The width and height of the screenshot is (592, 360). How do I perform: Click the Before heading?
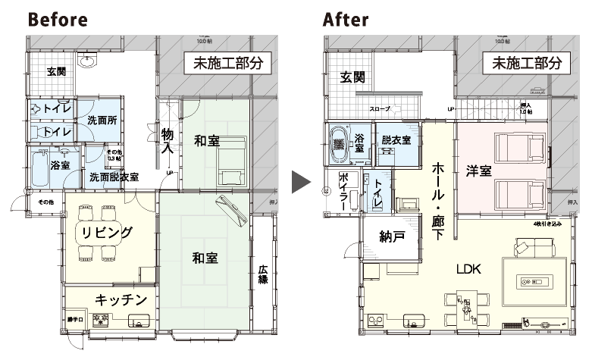tap(58, 20)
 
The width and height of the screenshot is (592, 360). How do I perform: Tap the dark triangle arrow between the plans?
tap(302, 183)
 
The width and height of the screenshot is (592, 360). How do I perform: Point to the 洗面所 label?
tap(101, 120)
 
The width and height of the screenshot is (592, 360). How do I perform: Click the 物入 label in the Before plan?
tap(168, 141)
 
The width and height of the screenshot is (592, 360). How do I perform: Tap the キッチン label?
tap(120, 300)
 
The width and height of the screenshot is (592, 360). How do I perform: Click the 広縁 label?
tap(263, 274)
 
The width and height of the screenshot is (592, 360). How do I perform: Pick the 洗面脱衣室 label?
tap(114, 177)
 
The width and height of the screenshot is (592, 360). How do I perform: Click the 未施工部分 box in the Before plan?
tap(228, 64)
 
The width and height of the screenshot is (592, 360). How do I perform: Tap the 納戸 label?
tap(390, 236)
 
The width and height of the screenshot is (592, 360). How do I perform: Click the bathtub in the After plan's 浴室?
tap(338, 142)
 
